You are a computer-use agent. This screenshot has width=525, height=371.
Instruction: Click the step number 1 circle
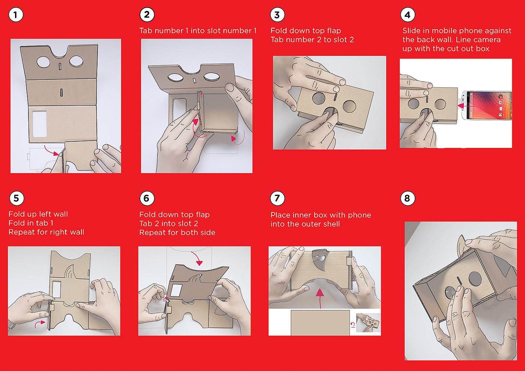(16, 15)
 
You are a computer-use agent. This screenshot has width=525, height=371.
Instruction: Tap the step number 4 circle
(408, 15)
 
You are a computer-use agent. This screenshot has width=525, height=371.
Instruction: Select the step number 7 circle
(277, 198)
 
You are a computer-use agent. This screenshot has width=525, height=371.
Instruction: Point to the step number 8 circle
(408, 198)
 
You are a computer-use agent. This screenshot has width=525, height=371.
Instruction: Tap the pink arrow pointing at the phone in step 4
(466, 106)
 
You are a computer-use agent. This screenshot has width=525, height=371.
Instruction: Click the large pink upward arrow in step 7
(320, 298)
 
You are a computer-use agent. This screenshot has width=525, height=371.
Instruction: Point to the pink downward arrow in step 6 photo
(197, 258)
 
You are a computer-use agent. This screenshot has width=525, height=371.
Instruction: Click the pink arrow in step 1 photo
(52, 151)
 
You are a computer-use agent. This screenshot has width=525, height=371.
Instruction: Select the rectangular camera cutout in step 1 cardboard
(39, 124)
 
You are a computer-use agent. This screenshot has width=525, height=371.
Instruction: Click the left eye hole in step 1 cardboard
(43, 62)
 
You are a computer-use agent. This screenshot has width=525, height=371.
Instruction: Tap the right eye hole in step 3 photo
(349, 106)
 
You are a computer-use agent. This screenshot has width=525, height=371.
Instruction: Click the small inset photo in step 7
(368, 323)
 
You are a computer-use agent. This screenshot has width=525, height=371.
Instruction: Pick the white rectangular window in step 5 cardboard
(56, 289)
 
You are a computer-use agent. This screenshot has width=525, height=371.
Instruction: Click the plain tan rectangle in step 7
(320, 323)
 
